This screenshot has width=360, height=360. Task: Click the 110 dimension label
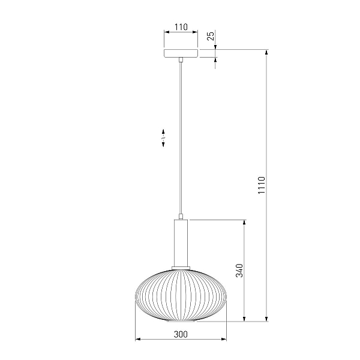[x=181, y=27]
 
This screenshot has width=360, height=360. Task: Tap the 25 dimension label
[x=211, y=36]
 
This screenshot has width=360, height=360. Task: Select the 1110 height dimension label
[x=261, y=185]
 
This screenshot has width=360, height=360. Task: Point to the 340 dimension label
[x=239, y=271]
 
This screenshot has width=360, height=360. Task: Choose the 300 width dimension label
[x=181, y=334]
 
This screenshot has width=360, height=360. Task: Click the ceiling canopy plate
[x=181, y=53]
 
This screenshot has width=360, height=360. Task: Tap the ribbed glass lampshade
[x=181, y=295]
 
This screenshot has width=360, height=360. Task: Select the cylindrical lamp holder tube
[x=181, y=243]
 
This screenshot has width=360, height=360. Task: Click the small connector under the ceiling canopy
[x=181, y=59]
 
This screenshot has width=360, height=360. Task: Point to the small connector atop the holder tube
[x=181, y=217]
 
